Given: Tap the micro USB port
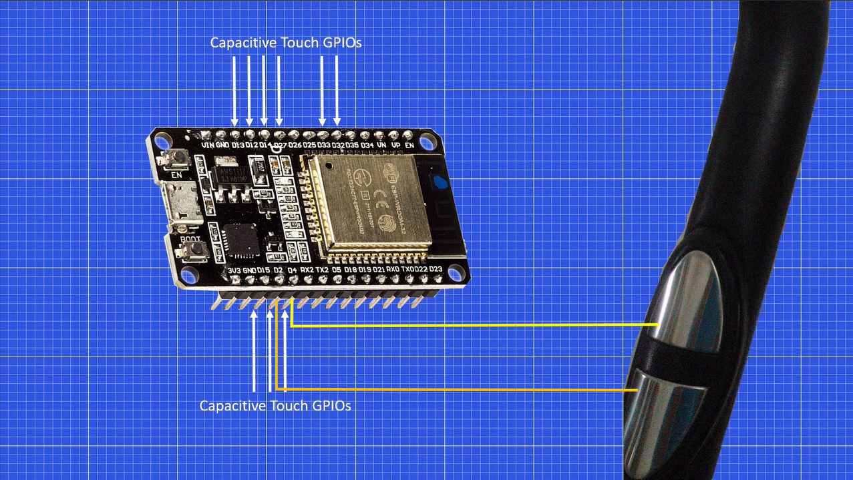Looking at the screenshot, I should [181, 205].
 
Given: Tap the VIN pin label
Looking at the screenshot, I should [208, 144].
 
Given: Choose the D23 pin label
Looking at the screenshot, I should [436, 269].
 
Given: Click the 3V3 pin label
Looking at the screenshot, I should [234, 270].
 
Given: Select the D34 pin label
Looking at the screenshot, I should [367, 144].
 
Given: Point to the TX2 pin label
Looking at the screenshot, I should [321, 270].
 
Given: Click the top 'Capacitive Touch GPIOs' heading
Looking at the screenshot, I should [286, 43].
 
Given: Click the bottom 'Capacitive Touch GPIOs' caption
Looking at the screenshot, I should [275, 406].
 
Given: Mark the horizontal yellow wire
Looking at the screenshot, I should [468, 326].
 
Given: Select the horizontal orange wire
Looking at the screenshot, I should [454, 389].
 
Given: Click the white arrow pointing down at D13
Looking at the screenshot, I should [234, 90].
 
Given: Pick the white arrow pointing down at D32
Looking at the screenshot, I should [337, 90].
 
